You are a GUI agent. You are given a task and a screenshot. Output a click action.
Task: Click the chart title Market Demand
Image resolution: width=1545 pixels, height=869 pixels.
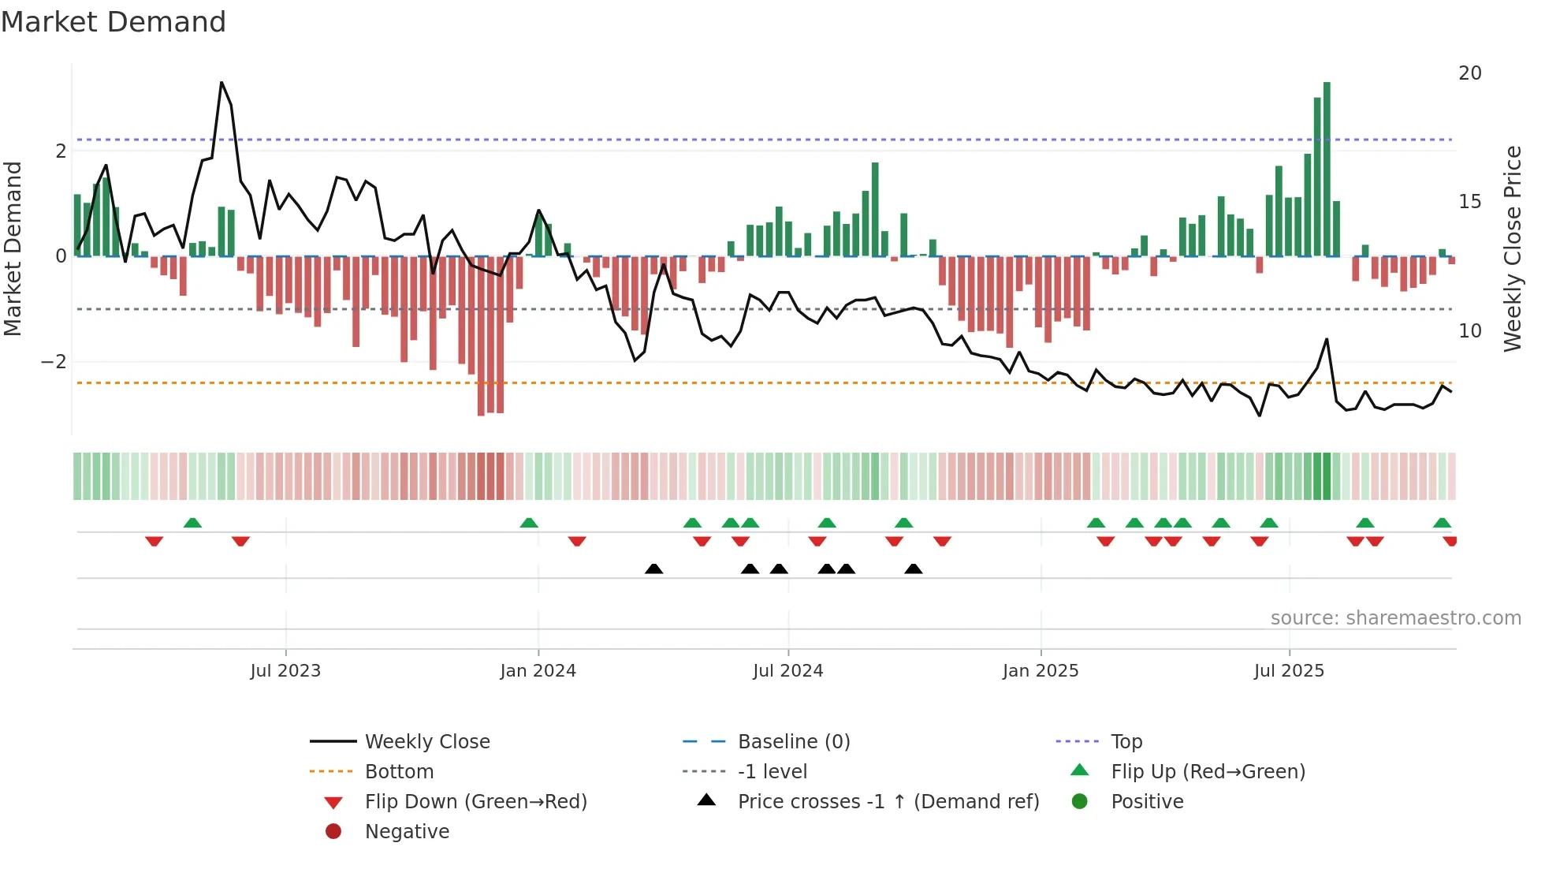114,22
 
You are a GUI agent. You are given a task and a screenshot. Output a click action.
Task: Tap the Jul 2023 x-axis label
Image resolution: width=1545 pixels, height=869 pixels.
285,671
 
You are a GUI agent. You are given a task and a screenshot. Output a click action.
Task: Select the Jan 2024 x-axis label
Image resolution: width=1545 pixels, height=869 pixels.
538,671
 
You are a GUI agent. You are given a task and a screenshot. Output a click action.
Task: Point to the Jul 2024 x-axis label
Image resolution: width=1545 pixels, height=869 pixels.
787,671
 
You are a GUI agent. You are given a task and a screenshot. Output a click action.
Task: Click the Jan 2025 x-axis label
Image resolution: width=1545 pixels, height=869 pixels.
1041,671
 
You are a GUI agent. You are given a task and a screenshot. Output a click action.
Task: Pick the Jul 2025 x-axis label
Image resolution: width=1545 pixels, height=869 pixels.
1289,671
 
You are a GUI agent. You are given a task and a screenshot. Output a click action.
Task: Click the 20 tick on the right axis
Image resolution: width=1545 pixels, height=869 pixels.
1469,73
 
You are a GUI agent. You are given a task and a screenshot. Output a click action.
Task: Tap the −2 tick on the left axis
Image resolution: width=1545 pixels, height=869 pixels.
54,362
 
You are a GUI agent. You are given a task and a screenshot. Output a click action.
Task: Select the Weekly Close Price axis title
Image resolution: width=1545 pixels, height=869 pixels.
1512,248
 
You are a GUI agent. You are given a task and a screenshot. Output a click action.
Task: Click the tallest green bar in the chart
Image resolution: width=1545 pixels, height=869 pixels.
1327,170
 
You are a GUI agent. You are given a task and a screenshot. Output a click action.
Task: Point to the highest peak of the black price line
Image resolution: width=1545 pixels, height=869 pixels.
222,83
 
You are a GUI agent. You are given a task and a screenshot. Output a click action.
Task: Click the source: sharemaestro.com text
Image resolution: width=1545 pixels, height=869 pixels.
1395,618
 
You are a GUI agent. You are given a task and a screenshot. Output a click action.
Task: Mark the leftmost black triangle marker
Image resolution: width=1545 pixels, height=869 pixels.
653,569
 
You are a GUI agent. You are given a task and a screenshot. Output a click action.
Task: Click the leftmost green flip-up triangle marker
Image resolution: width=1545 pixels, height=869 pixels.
192,523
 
